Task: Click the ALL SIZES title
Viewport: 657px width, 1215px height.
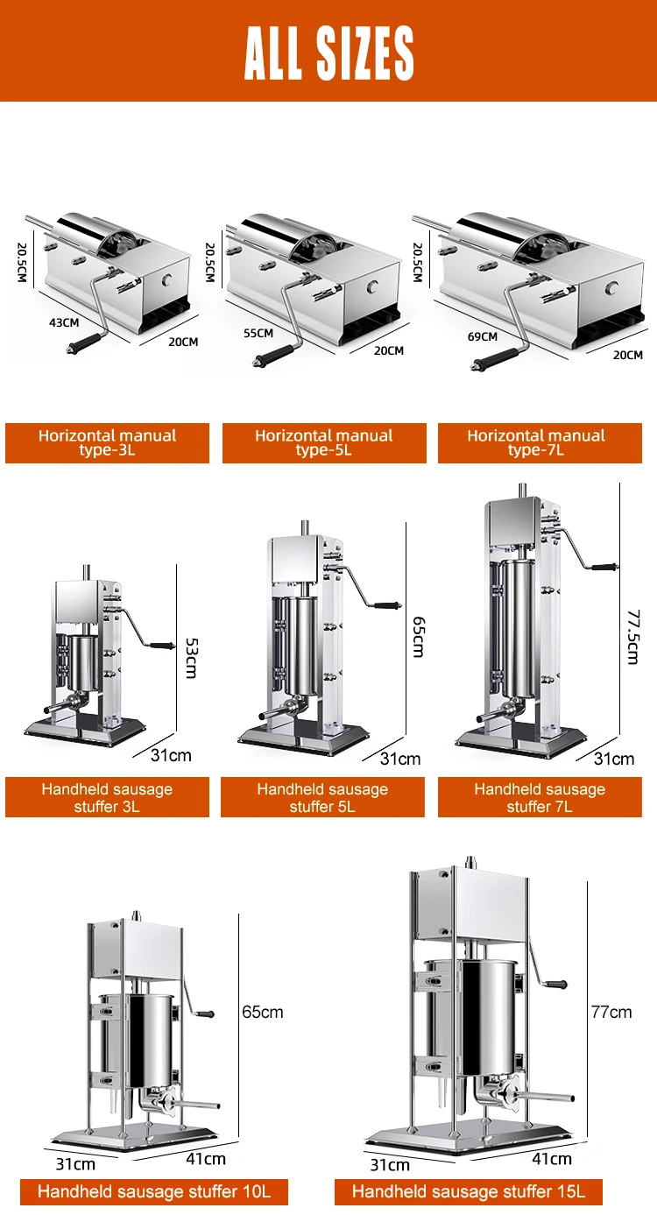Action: (328, 53)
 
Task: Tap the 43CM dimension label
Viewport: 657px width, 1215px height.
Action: (64, 322)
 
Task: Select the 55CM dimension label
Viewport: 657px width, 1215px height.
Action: (258, 333)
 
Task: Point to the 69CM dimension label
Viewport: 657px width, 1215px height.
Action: (483, 337)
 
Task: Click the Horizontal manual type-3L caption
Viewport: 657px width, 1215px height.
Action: (107, 442)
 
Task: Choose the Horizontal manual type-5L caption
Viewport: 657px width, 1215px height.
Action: (324, 442)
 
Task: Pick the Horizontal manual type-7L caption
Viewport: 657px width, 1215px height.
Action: (536, 442)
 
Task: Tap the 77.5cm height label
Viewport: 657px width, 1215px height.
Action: (632, 637)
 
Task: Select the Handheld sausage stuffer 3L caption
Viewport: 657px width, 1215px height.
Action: (107, 797)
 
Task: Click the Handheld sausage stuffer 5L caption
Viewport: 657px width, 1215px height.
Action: (322, 797)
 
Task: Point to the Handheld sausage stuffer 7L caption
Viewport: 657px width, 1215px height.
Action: (540, 797)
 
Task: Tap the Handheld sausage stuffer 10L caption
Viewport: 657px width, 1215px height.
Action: (154, 1191)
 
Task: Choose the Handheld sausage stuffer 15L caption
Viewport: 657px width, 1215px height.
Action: (469, 1191)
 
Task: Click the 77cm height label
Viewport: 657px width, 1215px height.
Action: (611, 1012)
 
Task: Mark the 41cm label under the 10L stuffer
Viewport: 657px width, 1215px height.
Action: (206, 1159)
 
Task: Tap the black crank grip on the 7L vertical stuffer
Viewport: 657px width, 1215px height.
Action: (604, 568)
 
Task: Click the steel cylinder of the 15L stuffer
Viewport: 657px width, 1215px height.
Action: (488, 1019)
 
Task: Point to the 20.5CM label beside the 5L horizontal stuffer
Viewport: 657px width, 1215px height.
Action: (210, 263)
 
